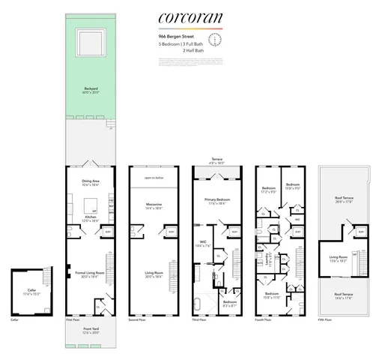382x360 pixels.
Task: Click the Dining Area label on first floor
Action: pos(92,181)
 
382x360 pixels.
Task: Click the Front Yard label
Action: pos(91,329)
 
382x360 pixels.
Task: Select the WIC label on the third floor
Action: pos(203,243)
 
